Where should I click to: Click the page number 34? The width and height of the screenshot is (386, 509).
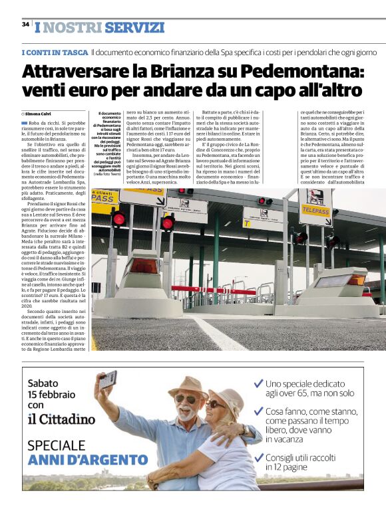[25, 25]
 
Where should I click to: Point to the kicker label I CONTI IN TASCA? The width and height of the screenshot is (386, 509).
[54, 52]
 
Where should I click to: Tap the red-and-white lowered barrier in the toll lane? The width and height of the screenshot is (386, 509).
[226, 290]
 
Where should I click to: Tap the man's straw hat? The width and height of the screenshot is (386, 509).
[188, 386]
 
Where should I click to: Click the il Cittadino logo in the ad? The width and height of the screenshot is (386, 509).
[61, 419]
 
